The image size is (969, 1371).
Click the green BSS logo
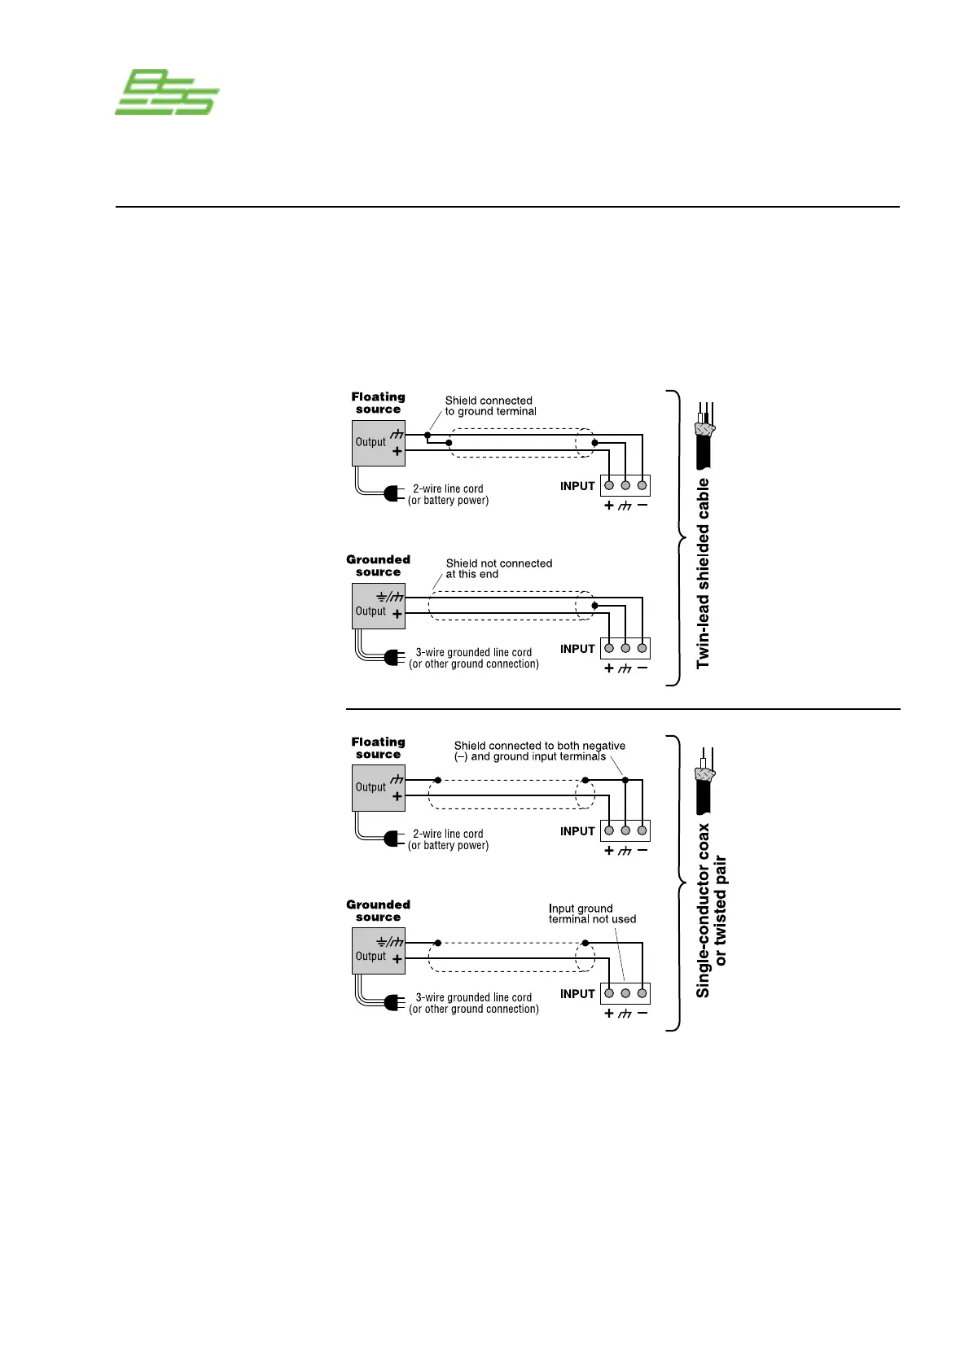pyautogui.click(x=166, y=92)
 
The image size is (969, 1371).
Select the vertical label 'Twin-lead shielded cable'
pyautogui.click(x=704, y=573)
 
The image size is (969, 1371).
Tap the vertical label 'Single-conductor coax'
pyautogui.click(x=704, y=910)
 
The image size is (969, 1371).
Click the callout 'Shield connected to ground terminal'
pyautogui.click(x=490, y=405)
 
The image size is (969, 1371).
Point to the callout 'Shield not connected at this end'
pyautogui.click(x=498, y=568)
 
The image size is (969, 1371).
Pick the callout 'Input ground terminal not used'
pyautogui.click(x=592, y=913)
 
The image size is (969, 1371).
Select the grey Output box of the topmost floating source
pyautogui.click(x=378, y=443)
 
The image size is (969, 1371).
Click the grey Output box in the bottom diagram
pyautogui.click(x=378, y=951)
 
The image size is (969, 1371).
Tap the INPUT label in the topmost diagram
pyautogui.click(x=577, y=486)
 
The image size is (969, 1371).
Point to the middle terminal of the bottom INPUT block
pyautogui.click(x=625, y=993)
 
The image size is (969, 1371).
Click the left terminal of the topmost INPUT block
pyautogui.click(x=609, y=485)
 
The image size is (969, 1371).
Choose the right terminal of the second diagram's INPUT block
pyautogui.click(x=642, y=648)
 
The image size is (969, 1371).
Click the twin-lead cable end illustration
pyautogui.click(x=704, y=436)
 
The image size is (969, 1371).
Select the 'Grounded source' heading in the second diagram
pyautogui.click(x=378, y=566)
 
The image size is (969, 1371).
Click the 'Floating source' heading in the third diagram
pyautogui.click(x=378, y=748)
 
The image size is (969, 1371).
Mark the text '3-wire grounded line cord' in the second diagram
pyautogui.click(x=473, y=652)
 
